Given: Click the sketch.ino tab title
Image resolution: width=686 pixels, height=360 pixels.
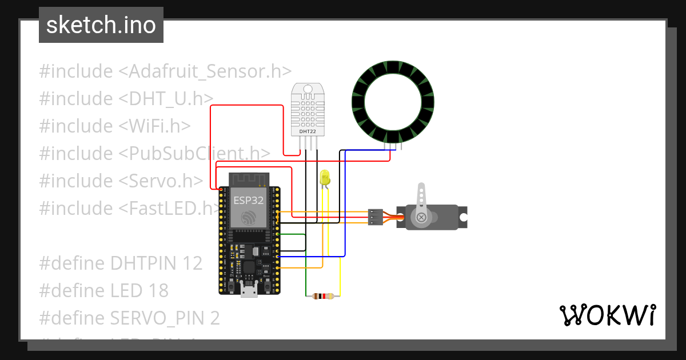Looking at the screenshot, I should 101,25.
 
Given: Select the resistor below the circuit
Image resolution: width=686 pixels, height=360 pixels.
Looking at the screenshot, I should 323,296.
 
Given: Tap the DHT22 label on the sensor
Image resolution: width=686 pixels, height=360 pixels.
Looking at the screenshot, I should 308,131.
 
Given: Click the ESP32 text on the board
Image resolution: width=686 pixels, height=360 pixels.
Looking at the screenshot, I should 249,201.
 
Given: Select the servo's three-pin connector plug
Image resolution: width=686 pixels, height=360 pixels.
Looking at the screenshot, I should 374,217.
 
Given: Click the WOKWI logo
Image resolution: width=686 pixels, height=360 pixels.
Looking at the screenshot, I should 607,315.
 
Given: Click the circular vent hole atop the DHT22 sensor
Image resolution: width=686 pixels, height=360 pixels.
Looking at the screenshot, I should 308,89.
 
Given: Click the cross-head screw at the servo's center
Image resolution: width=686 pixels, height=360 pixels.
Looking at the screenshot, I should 421,217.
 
